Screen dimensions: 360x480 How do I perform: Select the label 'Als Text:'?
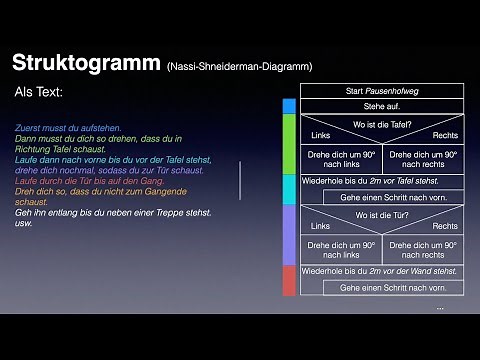39,92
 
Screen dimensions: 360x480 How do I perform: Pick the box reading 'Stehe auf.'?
380,106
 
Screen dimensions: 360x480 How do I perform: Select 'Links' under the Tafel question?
321,136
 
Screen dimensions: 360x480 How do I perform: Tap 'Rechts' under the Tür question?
445,226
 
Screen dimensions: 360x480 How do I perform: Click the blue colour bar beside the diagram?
289,106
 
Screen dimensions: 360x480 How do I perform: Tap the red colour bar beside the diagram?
289,280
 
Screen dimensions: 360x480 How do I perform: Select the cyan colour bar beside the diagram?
289,189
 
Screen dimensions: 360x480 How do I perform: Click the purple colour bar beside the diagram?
289,234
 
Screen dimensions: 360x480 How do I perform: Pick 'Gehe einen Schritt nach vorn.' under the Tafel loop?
393,197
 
